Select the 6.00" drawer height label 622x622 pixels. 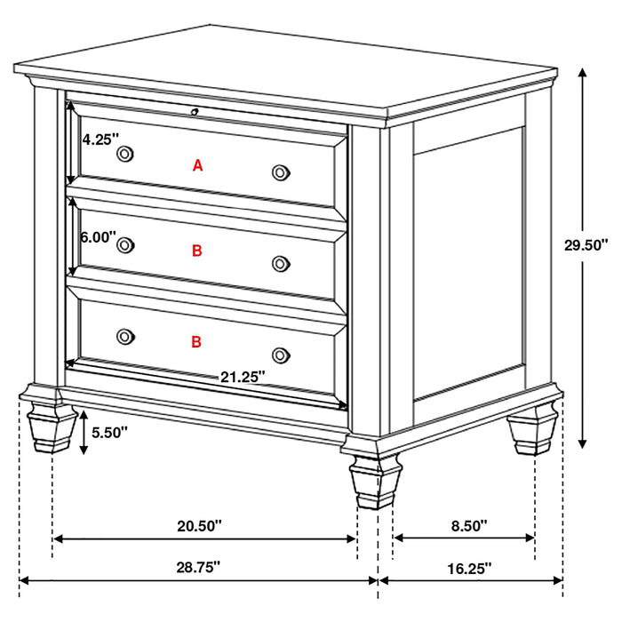pos(98,237)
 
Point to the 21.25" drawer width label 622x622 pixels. pos(243,376)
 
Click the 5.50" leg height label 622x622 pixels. pos(110,433)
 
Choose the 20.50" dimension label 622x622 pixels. pos(199,526)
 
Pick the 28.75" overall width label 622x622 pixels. pos(198,566)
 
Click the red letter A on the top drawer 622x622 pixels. pos(198,164)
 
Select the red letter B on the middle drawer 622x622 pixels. pos(197,251)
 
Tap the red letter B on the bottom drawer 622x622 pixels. pos(196,340)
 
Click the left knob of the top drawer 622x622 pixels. pos(125,155)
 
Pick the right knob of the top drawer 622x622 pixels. pos(281,171)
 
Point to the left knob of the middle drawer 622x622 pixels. pos(125,245)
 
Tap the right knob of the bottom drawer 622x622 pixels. pos(281,354)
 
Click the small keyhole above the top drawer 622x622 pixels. pos(195,111)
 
